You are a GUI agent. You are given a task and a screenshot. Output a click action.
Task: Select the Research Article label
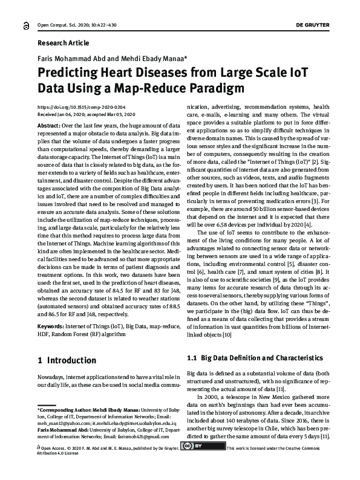tap(63, 44)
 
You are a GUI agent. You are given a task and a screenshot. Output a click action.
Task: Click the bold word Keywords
tap(52, 326)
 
